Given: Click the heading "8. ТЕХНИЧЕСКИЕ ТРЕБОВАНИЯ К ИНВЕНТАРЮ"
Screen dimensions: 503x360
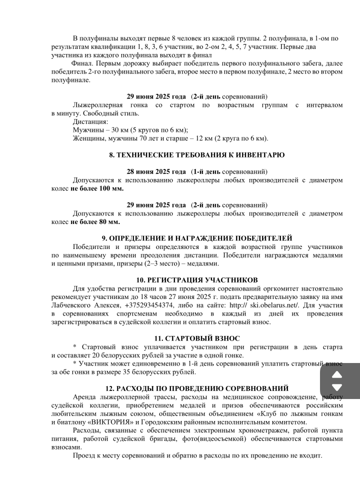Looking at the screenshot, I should [197, 155].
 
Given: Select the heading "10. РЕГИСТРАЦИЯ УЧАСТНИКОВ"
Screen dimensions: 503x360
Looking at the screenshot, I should [197, 279].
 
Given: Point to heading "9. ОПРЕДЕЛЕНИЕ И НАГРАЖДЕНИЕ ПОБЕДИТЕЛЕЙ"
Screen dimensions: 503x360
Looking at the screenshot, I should [197, 238].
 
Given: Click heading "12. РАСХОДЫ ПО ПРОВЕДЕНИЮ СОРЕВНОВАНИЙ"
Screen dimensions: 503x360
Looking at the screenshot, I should [197, 388].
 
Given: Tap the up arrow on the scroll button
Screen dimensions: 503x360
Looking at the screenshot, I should [337, 375].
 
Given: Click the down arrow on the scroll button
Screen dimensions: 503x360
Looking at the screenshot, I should [337, 387].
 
